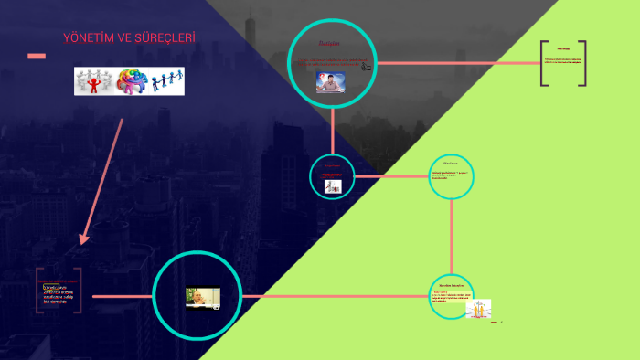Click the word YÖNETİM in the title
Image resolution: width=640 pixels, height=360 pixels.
(x=87, y=37)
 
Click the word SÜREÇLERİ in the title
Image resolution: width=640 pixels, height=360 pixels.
(x=164, y=37)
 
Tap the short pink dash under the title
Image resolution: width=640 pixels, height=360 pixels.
(x=37, y=57)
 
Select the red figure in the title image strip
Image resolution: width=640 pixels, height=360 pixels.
(x=92, y=80)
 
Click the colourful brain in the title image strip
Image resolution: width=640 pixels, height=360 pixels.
(x=130, y=80)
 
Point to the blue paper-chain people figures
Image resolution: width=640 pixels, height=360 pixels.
(x=166, y=81)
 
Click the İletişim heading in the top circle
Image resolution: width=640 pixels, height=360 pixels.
(x=328, y=44)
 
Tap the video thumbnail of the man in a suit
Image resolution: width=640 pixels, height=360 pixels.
(x=203, y=298)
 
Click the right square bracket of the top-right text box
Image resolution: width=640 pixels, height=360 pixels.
(x=582, y=64)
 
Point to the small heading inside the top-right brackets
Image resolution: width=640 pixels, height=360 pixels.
(x=563, y=51)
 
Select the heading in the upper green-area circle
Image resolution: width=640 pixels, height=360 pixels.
(x=451, y=164)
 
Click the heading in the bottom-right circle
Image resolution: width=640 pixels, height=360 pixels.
(x=452, y=286)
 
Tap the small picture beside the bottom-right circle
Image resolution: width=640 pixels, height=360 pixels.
(x=478, y=308)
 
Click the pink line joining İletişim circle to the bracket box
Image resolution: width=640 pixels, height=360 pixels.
(x=457, y=63)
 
